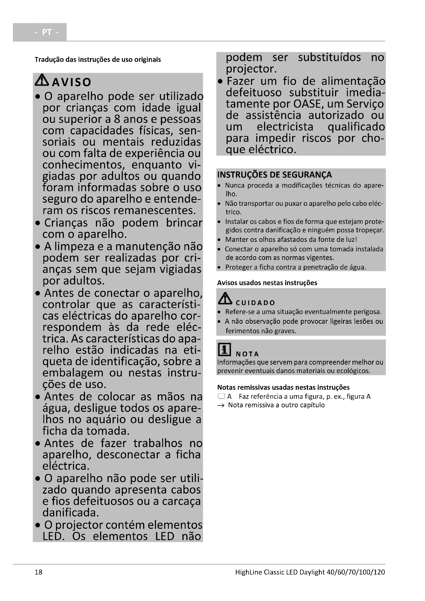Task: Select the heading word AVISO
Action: click(71, 82)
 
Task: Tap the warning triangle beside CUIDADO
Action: click(225, 298)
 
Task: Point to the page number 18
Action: click(39, 572)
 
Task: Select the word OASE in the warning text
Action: click(307, 104)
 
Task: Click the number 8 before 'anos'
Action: click(117, 119)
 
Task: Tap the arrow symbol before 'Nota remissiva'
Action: click(221, 405)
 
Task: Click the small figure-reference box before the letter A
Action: click(221, 396)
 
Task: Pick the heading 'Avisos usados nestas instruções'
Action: click(267, 283)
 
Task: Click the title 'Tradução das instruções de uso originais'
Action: click(98, 59)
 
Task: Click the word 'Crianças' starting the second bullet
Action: click(66, 223)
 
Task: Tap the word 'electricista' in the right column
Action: click(285, 127)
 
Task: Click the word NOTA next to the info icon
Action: click(247, 354)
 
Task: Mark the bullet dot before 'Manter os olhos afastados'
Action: click(219, 240)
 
